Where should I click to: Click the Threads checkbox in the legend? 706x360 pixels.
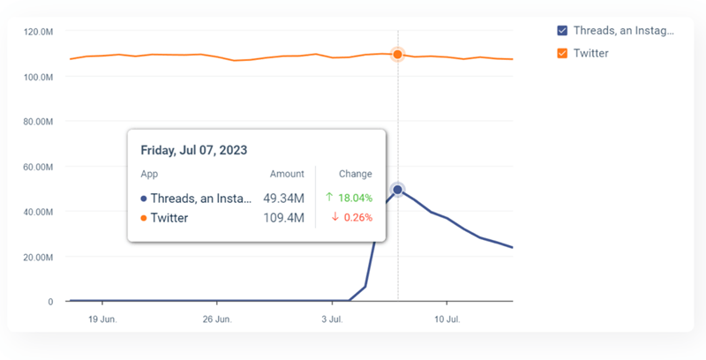tap(562, 31)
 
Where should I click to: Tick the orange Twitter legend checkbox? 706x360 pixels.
tap(562, 54)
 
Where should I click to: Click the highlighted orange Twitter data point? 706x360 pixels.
tap(397, 55)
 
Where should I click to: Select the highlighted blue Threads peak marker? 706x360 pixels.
tap(397, 190)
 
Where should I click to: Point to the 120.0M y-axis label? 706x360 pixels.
tap(39, 32)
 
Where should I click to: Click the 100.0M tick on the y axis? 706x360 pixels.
tap(39, 77)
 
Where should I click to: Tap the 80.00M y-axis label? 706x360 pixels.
tap(39, 122)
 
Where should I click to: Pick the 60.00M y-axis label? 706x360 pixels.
tap(39, 167)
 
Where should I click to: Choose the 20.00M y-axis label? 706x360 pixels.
tap(39, 257)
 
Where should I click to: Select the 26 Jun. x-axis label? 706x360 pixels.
tap(216, 318)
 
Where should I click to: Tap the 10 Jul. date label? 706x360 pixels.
tap(447, 318)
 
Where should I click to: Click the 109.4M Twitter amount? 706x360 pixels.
tap(285, 217)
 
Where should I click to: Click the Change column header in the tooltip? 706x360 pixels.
tap(356, 174)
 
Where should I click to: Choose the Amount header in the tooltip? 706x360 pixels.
tap(287, 174)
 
